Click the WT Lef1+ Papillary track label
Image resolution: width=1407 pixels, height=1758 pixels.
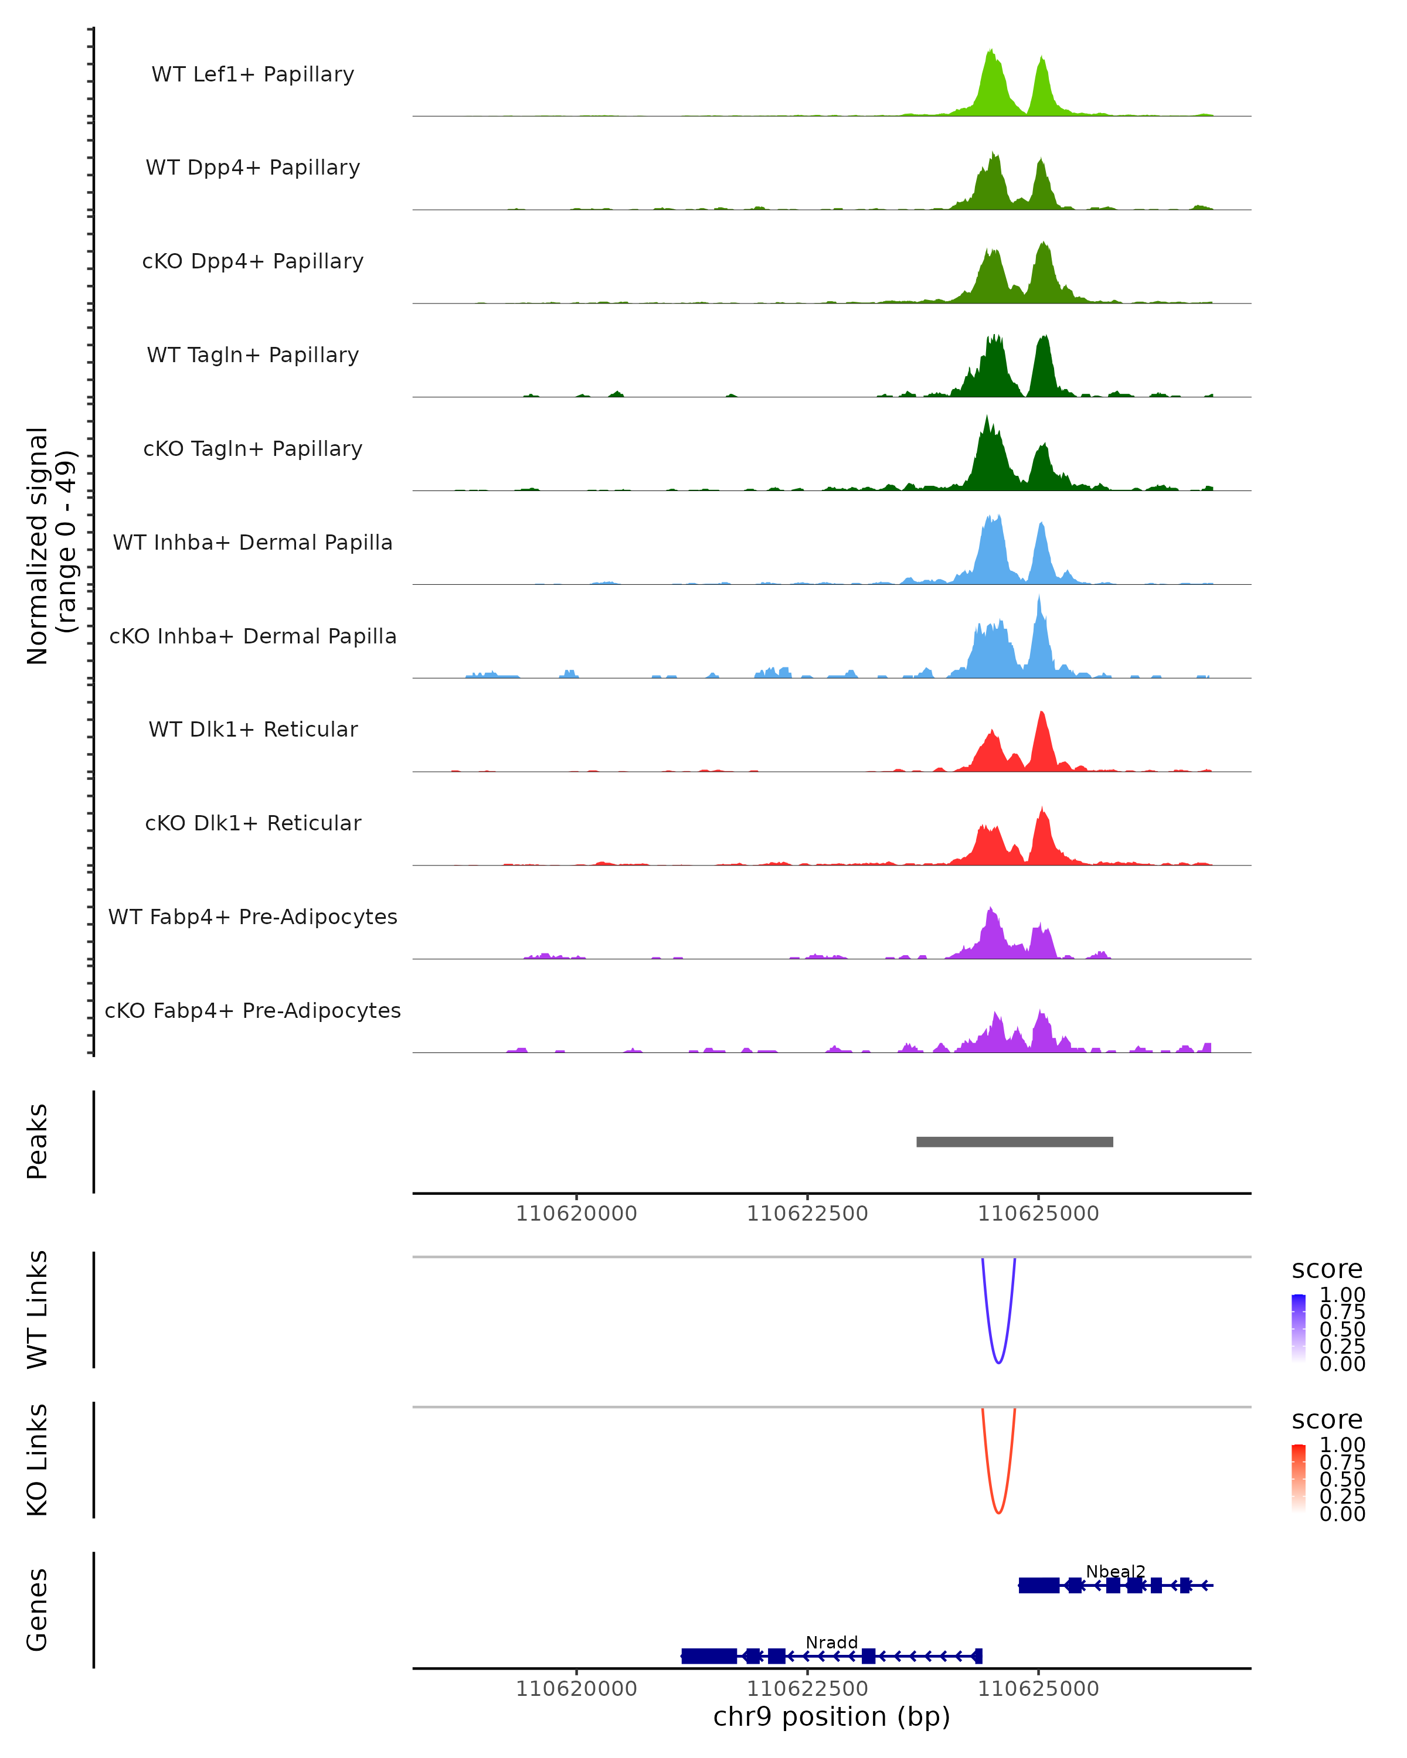(x=253, y=74)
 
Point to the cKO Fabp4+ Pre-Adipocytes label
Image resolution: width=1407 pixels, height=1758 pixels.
(x=253, y=1010)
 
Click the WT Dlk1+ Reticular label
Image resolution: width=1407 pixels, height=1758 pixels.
(x=253, y=729)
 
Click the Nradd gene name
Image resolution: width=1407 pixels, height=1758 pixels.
(x=831, y=1642)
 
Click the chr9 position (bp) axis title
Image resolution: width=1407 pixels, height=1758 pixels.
(x=831, y=1716)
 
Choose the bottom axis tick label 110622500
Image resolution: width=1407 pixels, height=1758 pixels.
(x=807, y=1689)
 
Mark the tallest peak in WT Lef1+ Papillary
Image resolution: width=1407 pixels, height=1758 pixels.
(x=990, y=52)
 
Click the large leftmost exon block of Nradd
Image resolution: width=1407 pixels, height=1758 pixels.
(x=709, y=1656)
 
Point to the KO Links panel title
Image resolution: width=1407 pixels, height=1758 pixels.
(x=38, y=1460)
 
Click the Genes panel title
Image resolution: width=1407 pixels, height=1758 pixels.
(x=38, y=1610)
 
